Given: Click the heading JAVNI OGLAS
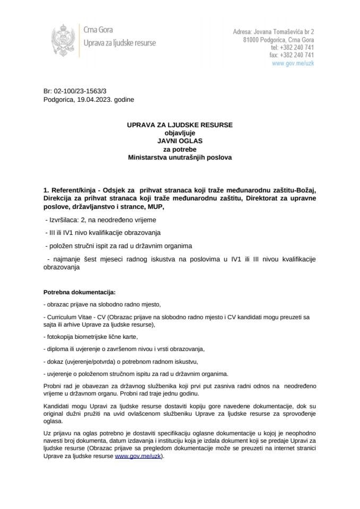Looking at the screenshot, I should [x=180, y=142].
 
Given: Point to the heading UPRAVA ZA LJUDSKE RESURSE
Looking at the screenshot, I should [x=180, y=126].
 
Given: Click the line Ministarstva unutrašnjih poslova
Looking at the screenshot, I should [x=180, y=157].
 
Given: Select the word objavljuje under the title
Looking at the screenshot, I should [x=180, y=134].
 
